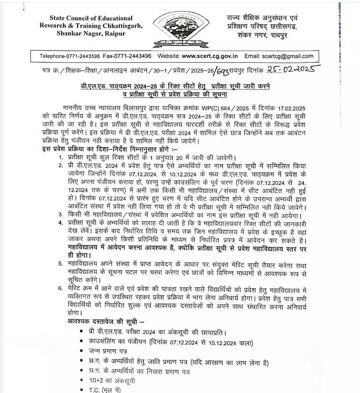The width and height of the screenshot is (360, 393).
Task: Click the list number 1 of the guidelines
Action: tap(61, 157)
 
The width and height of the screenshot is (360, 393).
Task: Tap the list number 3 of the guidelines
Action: tap(61, 215)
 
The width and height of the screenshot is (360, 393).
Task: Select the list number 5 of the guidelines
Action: tap(61, 264)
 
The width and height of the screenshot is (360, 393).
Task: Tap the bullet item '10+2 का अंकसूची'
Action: tap(112, 381)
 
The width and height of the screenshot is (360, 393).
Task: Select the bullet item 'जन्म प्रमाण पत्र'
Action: tap(108, 351)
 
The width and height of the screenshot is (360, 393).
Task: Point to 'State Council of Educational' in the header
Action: tap(91, 18)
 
